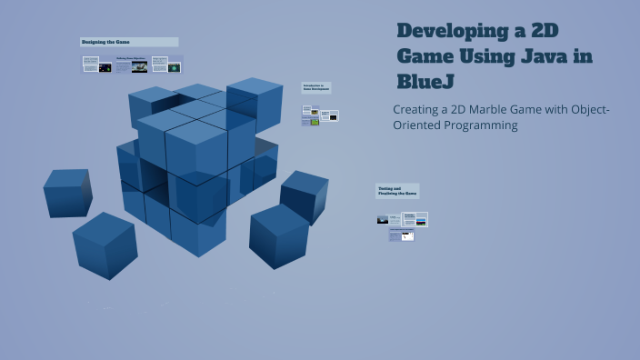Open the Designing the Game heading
click(x=128, y=42)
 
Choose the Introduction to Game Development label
click(x=316, y=88)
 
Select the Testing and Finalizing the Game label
click(x=397, y=190)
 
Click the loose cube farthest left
click(x=67, y=192)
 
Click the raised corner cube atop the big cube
click(x=255, y=103)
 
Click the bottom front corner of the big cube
click(x=199, y=238)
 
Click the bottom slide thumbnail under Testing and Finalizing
click(x=402, y=235)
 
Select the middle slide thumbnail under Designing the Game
click(x=131, y=65)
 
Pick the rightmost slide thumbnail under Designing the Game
click(x=167, y=65)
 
